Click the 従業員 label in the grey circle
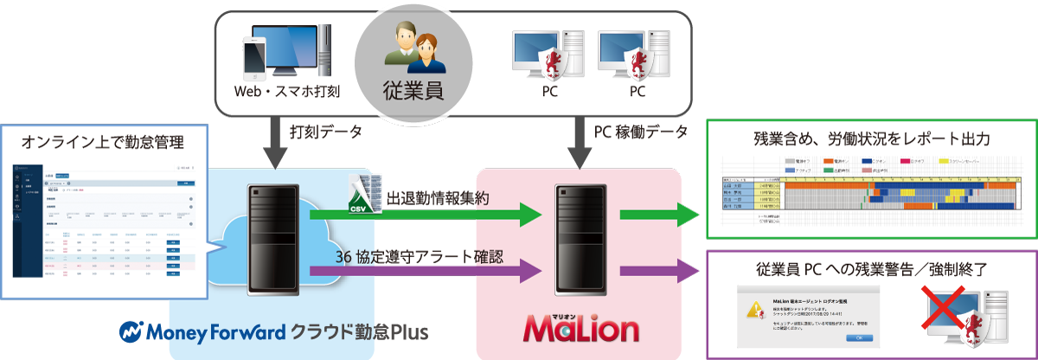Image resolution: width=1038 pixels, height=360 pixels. pyautogui.click(x=413, y=91)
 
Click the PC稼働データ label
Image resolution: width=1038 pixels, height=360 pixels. pyautogui.click(x=641, y=132)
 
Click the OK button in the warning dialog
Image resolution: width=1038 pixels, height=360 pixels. pyautogui.click(x=858, y=337)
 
